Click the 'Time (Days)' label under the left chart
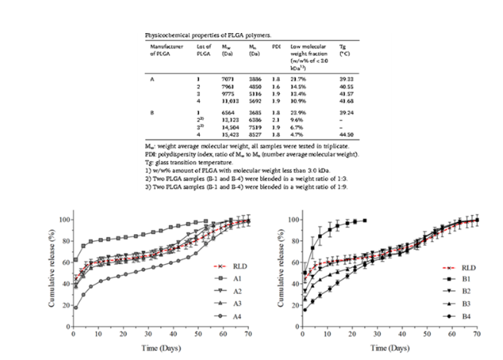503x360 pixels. [x=159, y=349]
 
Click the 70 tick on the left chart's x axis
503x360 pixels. [x=248, y=336]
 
